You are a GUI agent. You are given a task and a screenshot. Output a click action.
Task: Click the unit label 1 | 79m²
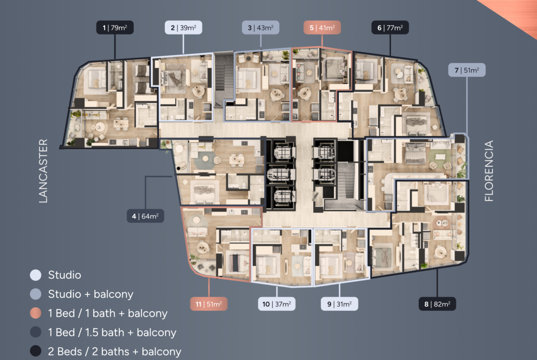coord(115,28)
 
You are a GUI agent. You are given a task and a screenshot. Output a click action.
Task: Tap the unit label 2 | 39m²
coord(183,28)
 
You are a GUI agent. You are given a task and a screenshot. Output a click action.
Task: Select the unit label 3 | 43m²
coord(261,28)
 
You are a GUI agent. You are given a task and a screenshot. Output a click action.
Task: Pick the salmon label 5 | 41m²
coord(322,28)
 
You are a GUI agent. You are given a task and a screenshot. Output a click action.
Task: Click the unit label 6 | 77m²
coord(390,28)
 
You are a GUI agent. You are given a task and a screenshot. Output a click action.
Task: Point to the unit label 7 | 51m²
coord(467,70)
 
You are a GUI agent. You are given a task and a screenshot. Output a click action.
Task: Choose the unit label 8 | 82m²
coord(437,304)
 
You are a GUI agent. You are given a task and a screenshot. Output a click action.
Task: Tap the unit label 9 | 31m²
coord(339,304)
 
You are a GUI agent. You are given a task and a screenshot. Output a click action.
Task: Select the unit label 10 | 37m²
coord(277,304)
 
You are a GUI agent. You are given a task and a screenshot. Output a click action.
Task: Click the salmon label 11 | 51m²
coord(209,304)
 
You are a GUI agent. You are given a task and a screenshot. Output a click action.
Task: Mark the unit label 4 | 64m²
coord(145,216)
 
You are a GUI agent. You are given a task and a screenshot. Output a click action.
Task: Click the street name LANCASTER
coord(43,171)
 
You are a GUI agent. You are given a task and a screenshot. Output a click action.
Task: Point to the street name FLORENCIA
coord(489,171)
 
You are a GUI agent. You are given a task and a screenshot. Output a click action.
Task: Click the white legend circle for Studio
coord(36,275)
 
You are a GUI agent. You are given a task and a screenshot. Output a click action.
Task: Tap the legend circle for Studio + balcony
coord(36,294)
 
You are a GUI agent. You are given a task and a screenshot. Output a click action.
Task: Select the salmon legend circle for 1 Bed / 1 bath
coord(36,313)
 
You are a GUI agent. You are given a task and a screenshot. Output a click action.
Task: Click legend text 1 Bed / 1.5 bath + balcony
coord(112,332)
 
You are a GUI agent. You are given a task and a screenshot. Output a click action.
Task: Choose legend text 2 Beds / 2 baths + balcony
coord(114,351)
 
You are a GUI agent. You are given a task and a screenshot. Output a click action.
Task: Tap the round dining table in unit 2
coord(198,91)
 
